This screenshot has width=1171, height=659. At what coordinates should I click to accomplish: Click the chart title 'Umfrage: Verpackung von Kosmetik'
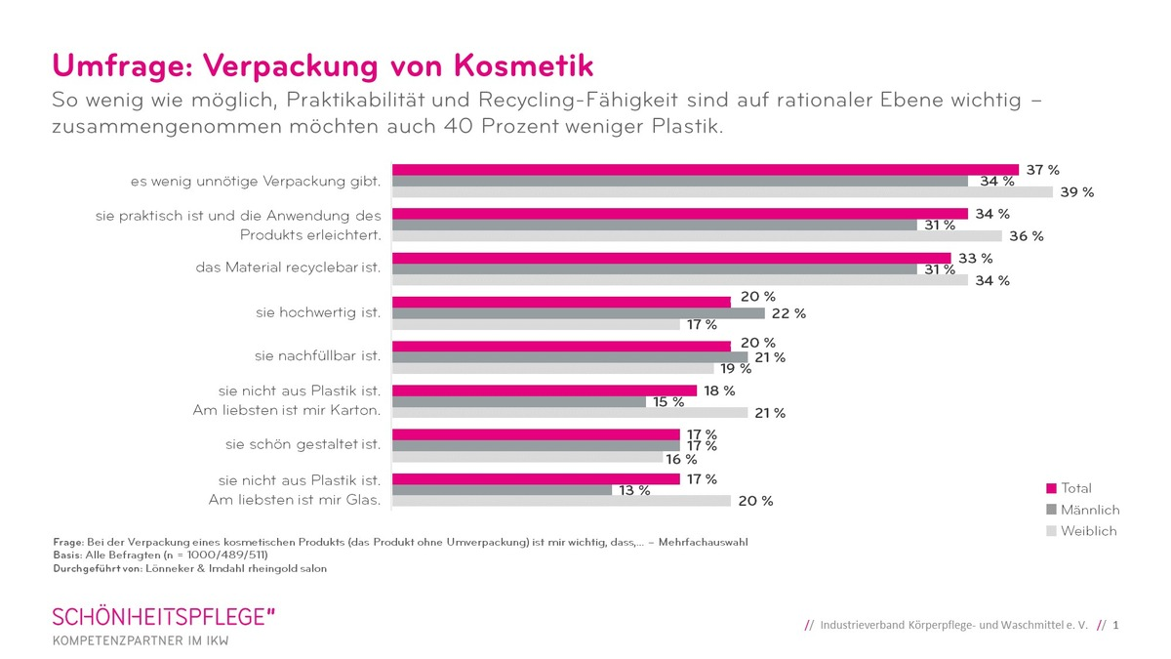322,65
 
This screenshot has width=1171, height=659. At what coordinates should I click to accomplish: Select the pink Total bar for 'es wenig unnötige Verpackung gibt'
705,170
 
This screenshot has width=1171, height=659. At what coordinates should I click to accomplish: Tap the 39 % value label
1077,192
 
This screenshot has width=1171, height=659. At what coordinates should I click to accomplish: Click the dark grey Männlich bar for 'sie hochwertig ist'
578,313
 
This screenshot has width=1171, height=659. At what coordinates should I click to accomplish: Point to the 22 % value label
789,313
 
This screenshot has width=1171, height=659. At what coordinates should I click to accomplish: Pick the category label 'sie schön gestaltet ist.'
303,444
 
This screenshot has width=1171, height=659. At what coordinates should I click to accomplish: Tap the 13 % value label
633,490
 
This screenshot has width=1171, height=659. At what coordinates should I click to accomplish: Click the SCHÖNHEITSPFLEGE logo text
164,617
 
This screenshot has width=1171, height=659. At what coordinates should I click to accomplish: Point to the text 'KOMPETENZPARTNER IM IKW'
141,640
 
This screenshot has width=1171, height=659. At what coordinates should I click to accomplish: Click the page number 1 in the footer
1115,625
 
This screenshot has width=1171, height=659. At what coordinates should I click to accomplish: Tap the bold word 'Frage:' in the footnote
69,542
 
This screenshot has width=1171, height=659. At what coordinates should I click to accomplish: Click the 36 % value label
1027,236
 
